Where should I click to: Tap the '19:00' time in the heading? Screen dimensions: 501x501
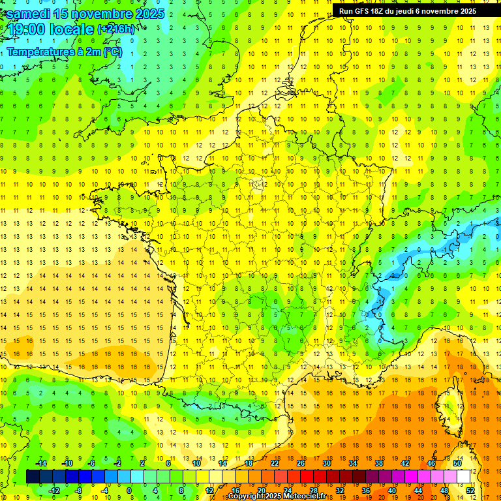pos(25,30)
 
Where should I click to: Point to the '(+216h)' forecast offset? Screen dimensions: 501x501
pos(117,29)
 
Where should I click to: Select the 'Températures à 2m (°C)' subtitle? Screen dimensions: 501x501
pos(64,52)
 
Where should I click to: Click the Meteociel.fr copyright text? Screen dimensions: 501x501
pos(277,496)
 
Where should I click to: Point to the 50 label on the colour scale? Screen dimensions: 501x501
pos(457,463)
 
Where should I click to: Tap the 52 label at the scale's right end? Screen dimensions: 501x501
pos(470,490)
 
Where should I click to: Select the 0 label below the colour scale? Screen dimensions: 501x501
pos(129,490)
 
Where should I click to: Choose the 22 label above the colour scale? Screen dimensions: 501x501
pos(275,463)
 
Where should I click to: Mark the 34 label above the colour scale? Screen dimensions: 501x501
pos(353,463)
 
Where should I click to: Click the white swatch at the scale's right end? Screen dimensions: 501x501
pos(463,477)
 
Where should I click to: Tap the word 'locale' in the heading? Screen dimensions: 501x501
pos(71,30)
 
